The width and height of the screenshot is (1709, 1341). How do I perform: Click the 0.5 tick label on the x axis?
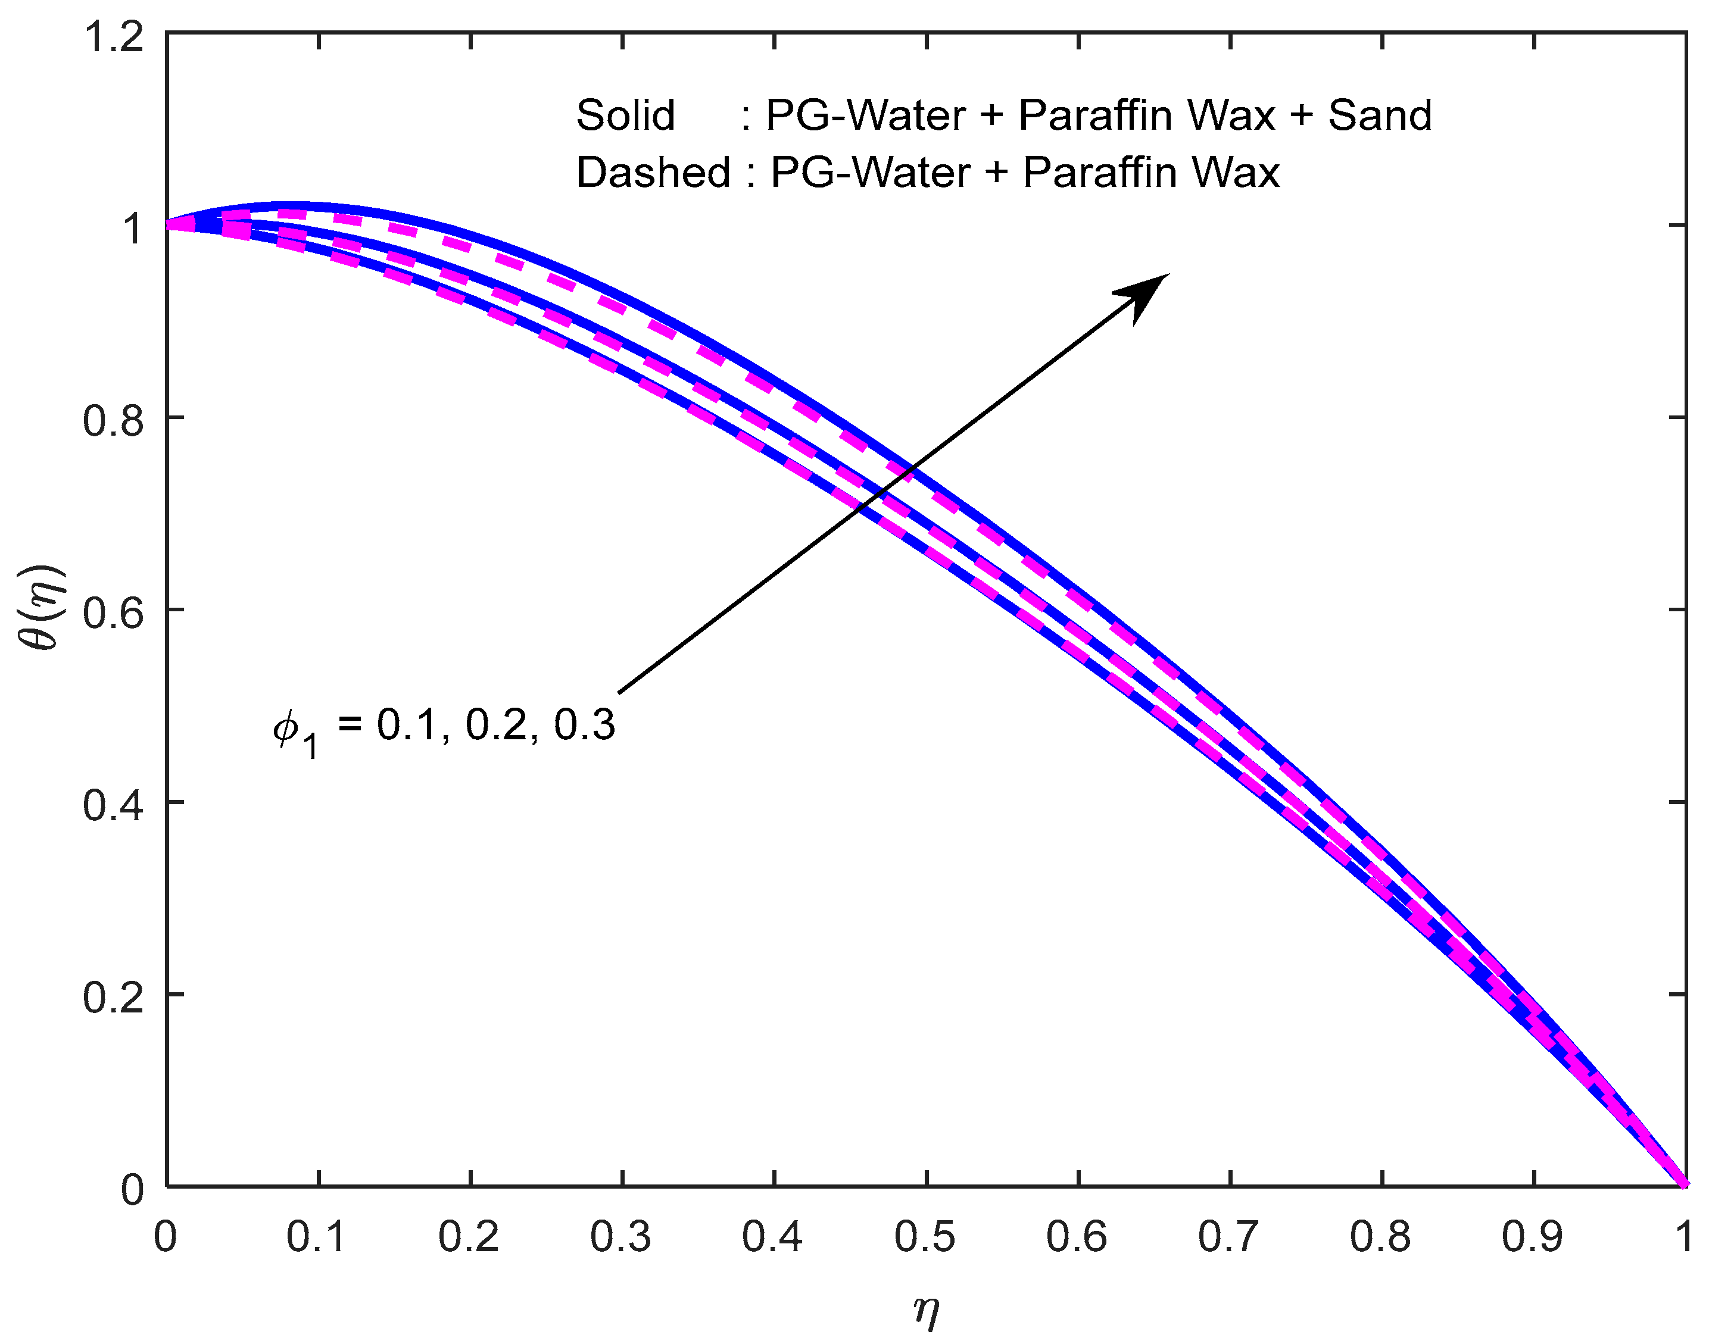click(x=925, y=1237)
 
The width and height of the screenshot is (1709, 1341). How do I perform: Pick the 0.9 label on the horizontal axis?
click(x=1532, y=1237)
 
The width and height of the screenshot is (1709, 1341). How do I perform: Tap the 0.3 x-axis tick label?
click(x=621, y=1237)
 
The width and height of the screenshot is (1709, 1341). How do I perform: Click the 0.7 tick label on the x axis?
click(x=1229, y=1237)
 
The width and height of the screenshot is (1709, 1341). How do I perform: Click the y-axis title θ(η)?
click(x=41, y=608)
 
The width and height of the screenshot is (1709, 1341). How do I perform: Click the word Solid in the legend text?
click(x=625, y=115)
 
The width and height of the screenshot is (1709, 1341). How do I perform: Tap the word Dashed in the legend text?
click(x=653, y=173)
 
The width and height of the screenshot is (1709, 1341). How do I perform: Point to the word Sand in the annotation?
click(x=1380, y=115)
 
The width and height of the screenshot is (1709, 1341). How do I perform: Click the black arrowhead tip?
click(x=1169, y=275)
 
